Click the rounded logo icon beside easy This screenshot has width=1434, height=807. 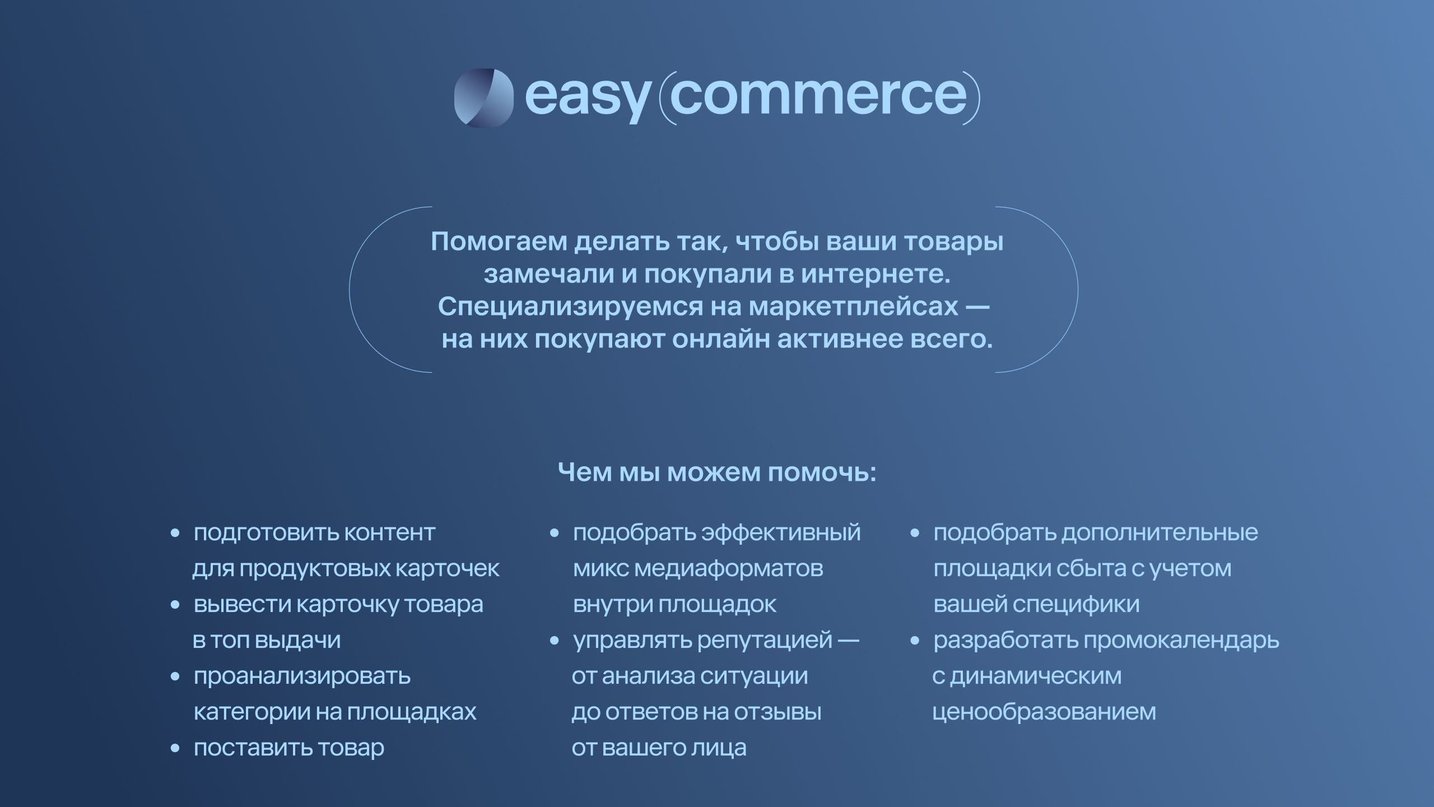click(483, 98)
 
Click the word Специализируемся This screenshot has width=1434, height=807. click(571, 307)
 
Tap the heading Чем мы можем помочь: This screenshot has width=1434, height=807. click(717, 472)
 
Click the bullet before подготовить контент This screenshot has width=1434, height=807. click(175, 533)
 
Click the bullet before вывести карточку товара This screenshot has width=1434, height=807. click(175, 605)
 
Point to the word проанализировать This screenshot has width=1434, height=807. click(302, 677)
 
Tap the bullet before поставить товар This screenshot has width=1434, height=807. click(175, 748)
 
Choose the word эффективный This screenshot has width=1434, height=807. click(781, 533)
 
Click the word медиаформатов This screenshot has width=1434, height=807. click(729, 569)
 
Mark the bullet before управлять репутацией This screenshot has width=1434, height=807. click(555, 641)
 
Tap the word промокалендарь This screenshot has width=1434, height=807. click(1181, 641)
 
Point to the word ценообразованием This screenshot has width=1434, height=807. click(1044, 713)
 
